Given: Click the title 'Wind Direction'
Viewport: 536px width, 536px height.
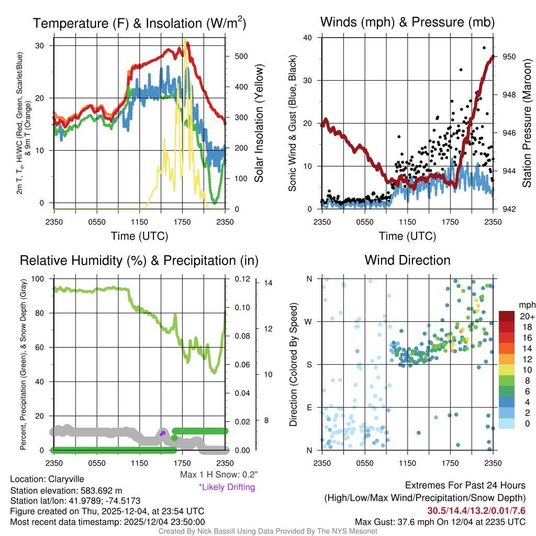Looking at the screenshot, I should (x=407, y=260).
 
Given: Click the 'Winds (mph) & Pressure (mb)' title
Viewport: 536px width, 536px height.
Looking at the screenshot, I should (x=407, y=23).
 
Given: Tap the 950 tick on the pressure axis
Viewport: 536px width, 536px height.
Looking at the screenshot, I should (x=510, y=57).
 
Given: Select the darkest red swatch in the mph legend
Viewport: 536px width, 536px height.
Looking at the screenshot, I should (x=507, y=316).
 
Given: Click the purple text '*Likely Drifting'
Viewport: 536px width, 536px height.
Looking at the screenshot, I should (x=227, y=487).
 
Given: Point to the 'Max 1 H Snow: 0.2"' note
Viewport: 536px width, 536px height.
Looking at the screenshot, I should (x=218, y=475).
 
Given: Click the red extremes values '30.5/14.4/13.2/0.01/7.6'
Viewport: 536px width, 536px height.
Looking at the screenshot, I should (x=476, y=510).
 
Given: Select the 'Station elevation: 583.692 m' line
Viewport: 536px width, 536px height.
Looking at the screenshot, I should (x=66, y=490).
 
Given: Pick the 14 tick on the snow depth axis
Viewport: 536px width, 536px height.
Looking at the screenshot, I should (x=269, y=283).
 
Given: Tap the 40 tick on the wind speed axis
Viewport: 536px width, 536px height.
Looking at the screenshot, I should (x=308, y=38).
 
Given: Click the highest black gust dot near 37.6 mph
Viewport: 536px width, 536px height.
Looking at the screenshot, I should (x=484, y=48).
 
